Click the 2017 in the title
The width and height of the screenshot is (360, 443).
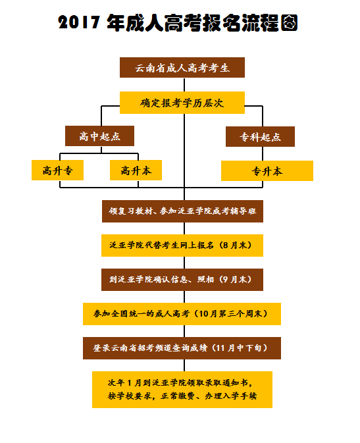[x=79, y=22]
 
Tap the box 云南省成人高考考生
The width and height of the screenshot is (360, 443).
[x=182, y=68]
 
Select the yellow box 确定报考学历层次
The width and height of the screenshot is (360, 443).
[x=182, y=103]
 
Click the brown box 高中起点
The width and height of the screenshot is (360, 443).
[x=99, y=136]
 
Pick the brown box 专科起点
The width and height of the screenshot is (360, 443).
[x=260, y=137]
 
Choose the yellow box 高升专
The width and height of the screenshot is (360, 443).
[x=57, y=170]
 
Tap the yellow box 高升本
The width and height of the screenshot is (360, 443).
[x=136, y=170]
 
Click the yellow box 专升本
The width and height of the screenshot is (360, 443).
[x=267, y=171]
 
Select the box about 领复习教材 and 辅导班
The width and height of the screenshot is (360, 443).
[x=182, y=211]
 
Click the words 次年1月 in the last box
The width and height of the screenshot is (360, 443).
[x=124, y=383]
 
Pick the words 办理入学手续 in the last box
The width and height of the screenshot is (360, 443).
[x=230, y=396]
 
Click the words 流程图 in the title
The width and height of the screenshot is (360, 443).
[x=270, y=22]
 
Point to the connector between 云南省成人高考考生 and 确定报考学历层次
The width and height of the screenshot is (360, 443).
[x=184, y=85]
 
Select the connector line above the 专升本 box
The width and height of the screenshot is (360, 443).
[x=263, y=153]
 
